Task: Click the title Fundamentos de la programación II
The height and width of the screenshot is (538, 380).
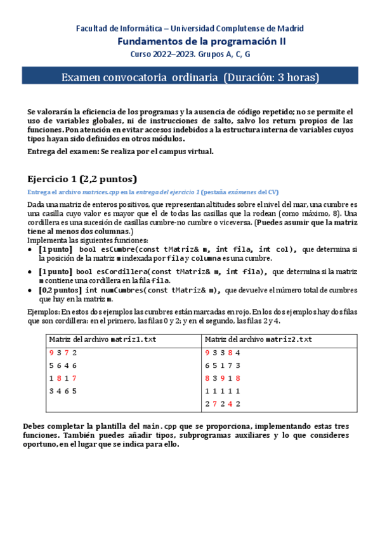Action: [202, 41]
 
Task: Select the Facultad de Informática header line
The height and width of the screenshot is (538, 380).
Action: [190, 29]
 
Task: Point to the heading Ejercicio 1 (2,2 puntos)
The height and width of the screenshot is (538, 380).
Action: [82, 178]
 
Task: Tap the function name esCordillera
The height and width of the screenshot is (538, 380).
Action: [120, 272]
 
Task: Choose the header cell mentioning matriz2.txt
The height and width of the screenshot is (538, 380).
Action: [259, 339]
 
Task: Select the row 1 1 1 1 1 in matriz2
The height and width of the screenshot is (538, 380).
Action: [222, 391]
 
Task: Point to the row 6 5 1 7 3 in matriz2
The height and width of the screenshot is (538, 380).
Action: [222, 365]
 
